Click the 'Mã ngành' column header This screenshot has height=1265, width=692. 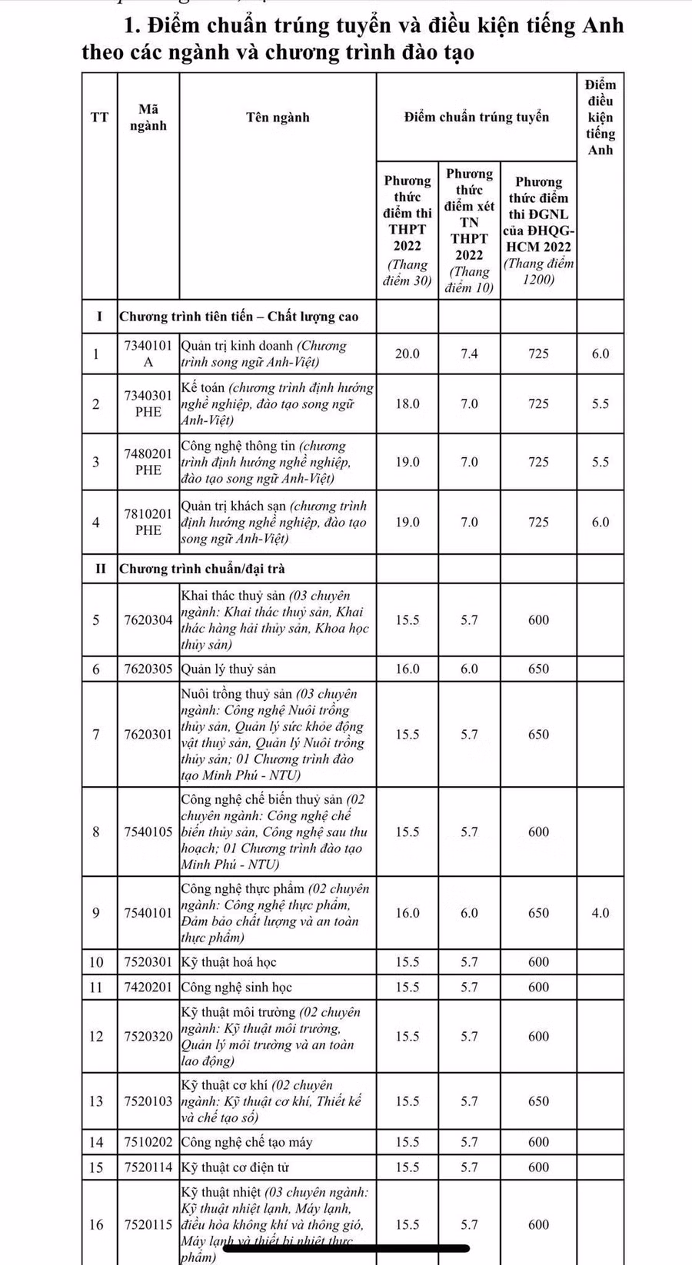[x=148, y=118]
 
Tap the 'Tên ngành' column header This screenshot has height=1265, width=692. [x=278, y=118]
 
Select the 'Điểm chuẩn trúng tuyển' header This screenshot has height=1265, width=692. [x=476, y=118]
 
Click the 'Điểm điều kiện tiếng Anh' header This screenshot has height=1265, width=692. [x=600, y=118]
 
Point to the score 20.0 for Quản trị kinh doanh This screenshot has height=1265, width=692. [x=408, y=354]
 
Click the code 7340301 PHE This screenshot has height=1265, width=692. [x=148, y=404]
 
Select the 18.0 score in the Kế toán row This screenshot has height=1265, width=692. [x=408, y=404]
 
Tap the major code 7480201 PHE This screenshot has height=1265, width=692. [x=148, y=463]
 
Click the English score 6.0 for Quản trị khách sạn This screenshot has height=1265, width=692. [x=600, y=523]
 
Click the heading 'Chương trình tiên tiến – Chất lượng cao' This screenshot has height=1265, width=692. [x=239, y=317]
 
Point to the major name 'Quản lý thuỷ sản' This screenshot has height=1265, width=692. [x=228, y=669]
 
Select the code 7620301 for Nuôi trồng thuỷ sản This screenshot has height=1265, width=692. [x=148, y=735]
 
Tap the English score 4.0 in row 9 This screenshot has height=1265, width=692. [x=600, y=913]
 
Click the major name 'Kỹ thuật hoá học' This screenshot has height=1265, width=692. [x=228, y=962]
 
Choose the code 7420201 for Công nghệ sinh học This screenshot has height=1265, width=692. [x=148, y=988]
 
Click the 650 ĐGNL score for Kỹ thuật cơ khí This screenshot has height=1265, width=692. [x=538, y=1101]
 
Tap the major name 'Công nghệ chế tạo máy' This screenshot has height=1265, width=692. [x=247, y=1143]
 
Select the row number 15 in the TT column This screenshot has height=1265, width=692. [x=96, y=1167]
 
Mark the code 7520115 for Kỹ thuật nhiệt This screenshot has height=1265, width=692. [x=148, y=1225]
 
